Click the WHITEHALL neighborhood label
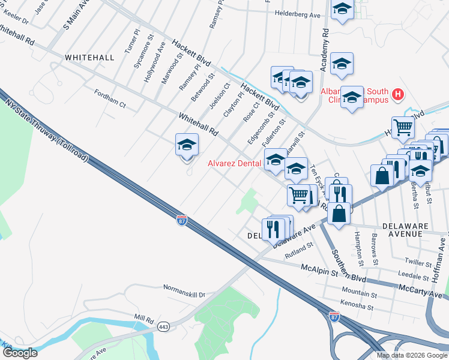pyautogui.click(x=89, y=57)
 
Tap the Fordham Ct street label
pyautogui.click(x=110, y=98)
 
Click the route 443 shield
pyautogui.click(x=163, y=328)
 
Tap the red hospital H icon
pyautogui.click(x=397, y=94)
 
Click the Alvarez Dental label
pyautogui.click(x=234, y=163)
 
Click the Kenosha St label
pyautogui.click(x=357, y=308)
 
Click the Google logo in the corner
pyautogui.click(x=19, y=353)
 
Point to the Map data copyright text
pyautogui.click(x=412, y=355)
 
